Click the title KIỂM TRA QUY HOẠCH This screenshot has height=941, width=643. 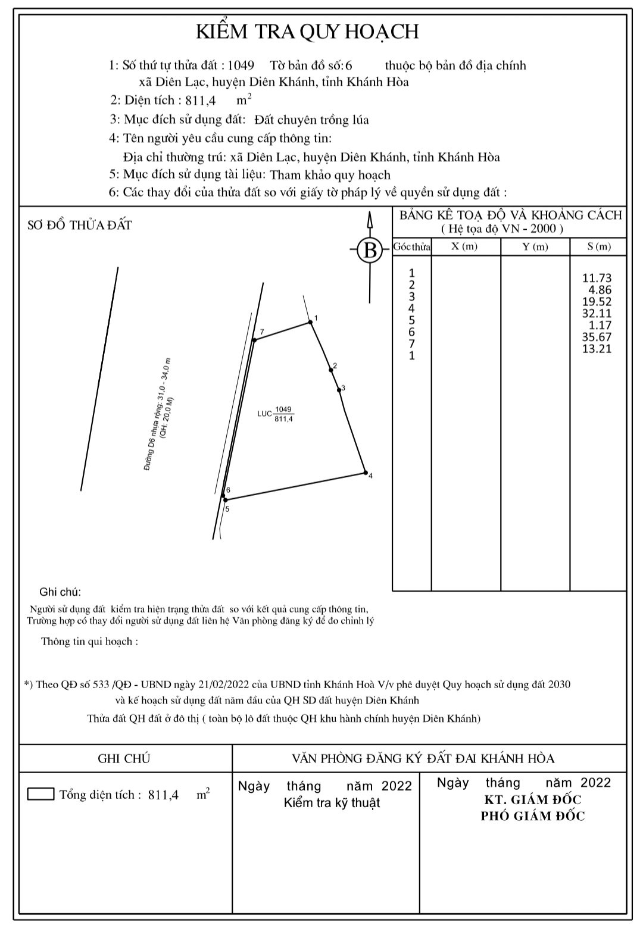pos(307,32)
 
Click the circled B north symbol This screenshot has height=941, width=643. pos(370,249)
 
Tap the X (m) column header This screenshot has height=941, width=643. pos(464,246)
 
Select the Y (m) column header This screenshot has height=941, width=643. pos(535,246)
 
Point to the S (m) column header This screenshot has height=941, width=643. pos(598,246)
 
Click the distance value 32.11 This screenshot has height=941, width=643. pos(597,314)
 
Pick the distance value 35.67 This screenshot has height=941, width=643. pos(597,337)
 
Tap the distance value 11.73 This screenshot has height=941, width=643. pos(597,278)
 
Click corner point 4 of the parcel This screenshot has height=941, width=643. pos(366,473)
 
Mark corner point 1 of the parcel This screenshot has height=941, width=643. pos(310,323)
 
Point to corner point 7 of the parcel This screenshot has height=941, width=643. pos(254,340)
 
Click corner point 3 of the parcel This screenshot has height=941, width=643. pos(339,390)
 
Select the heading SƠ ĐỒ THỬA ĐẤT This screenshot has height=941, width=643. pos(80,226)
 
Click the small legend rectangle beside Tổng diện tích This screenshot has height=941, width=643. pos(40,794)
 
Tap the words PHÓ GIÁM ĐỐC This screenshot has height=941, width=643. pos(532,816)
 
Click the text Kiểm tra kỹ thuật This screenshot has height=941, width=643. pos(332,803)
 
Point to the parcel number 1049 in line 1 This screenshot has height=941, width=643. pos(241,65)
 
